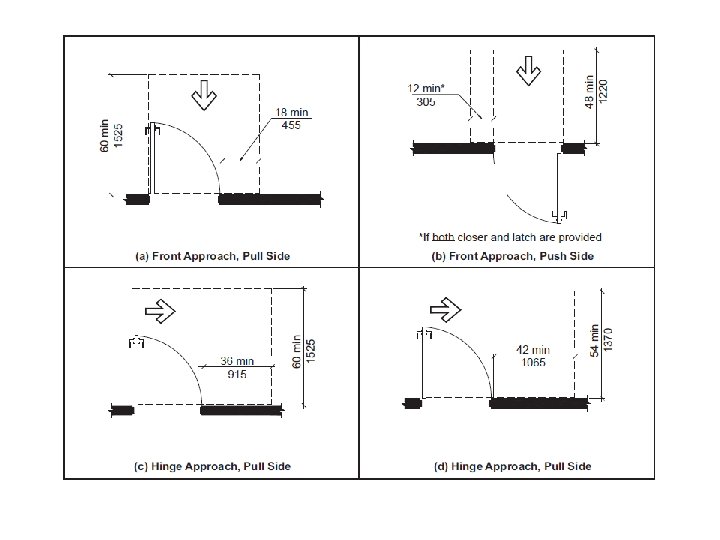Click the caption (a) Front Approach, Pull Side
pos(212,257)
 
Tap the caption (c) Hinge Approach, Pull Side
pos(212,467)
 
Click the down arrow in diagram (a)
pos(207,94)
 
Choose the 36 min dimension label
pos(237,361)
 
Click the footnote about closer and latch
pos(509,237)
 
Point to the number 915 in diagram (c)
pos(236,374)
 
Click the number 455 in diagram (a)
pos(293,126)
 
